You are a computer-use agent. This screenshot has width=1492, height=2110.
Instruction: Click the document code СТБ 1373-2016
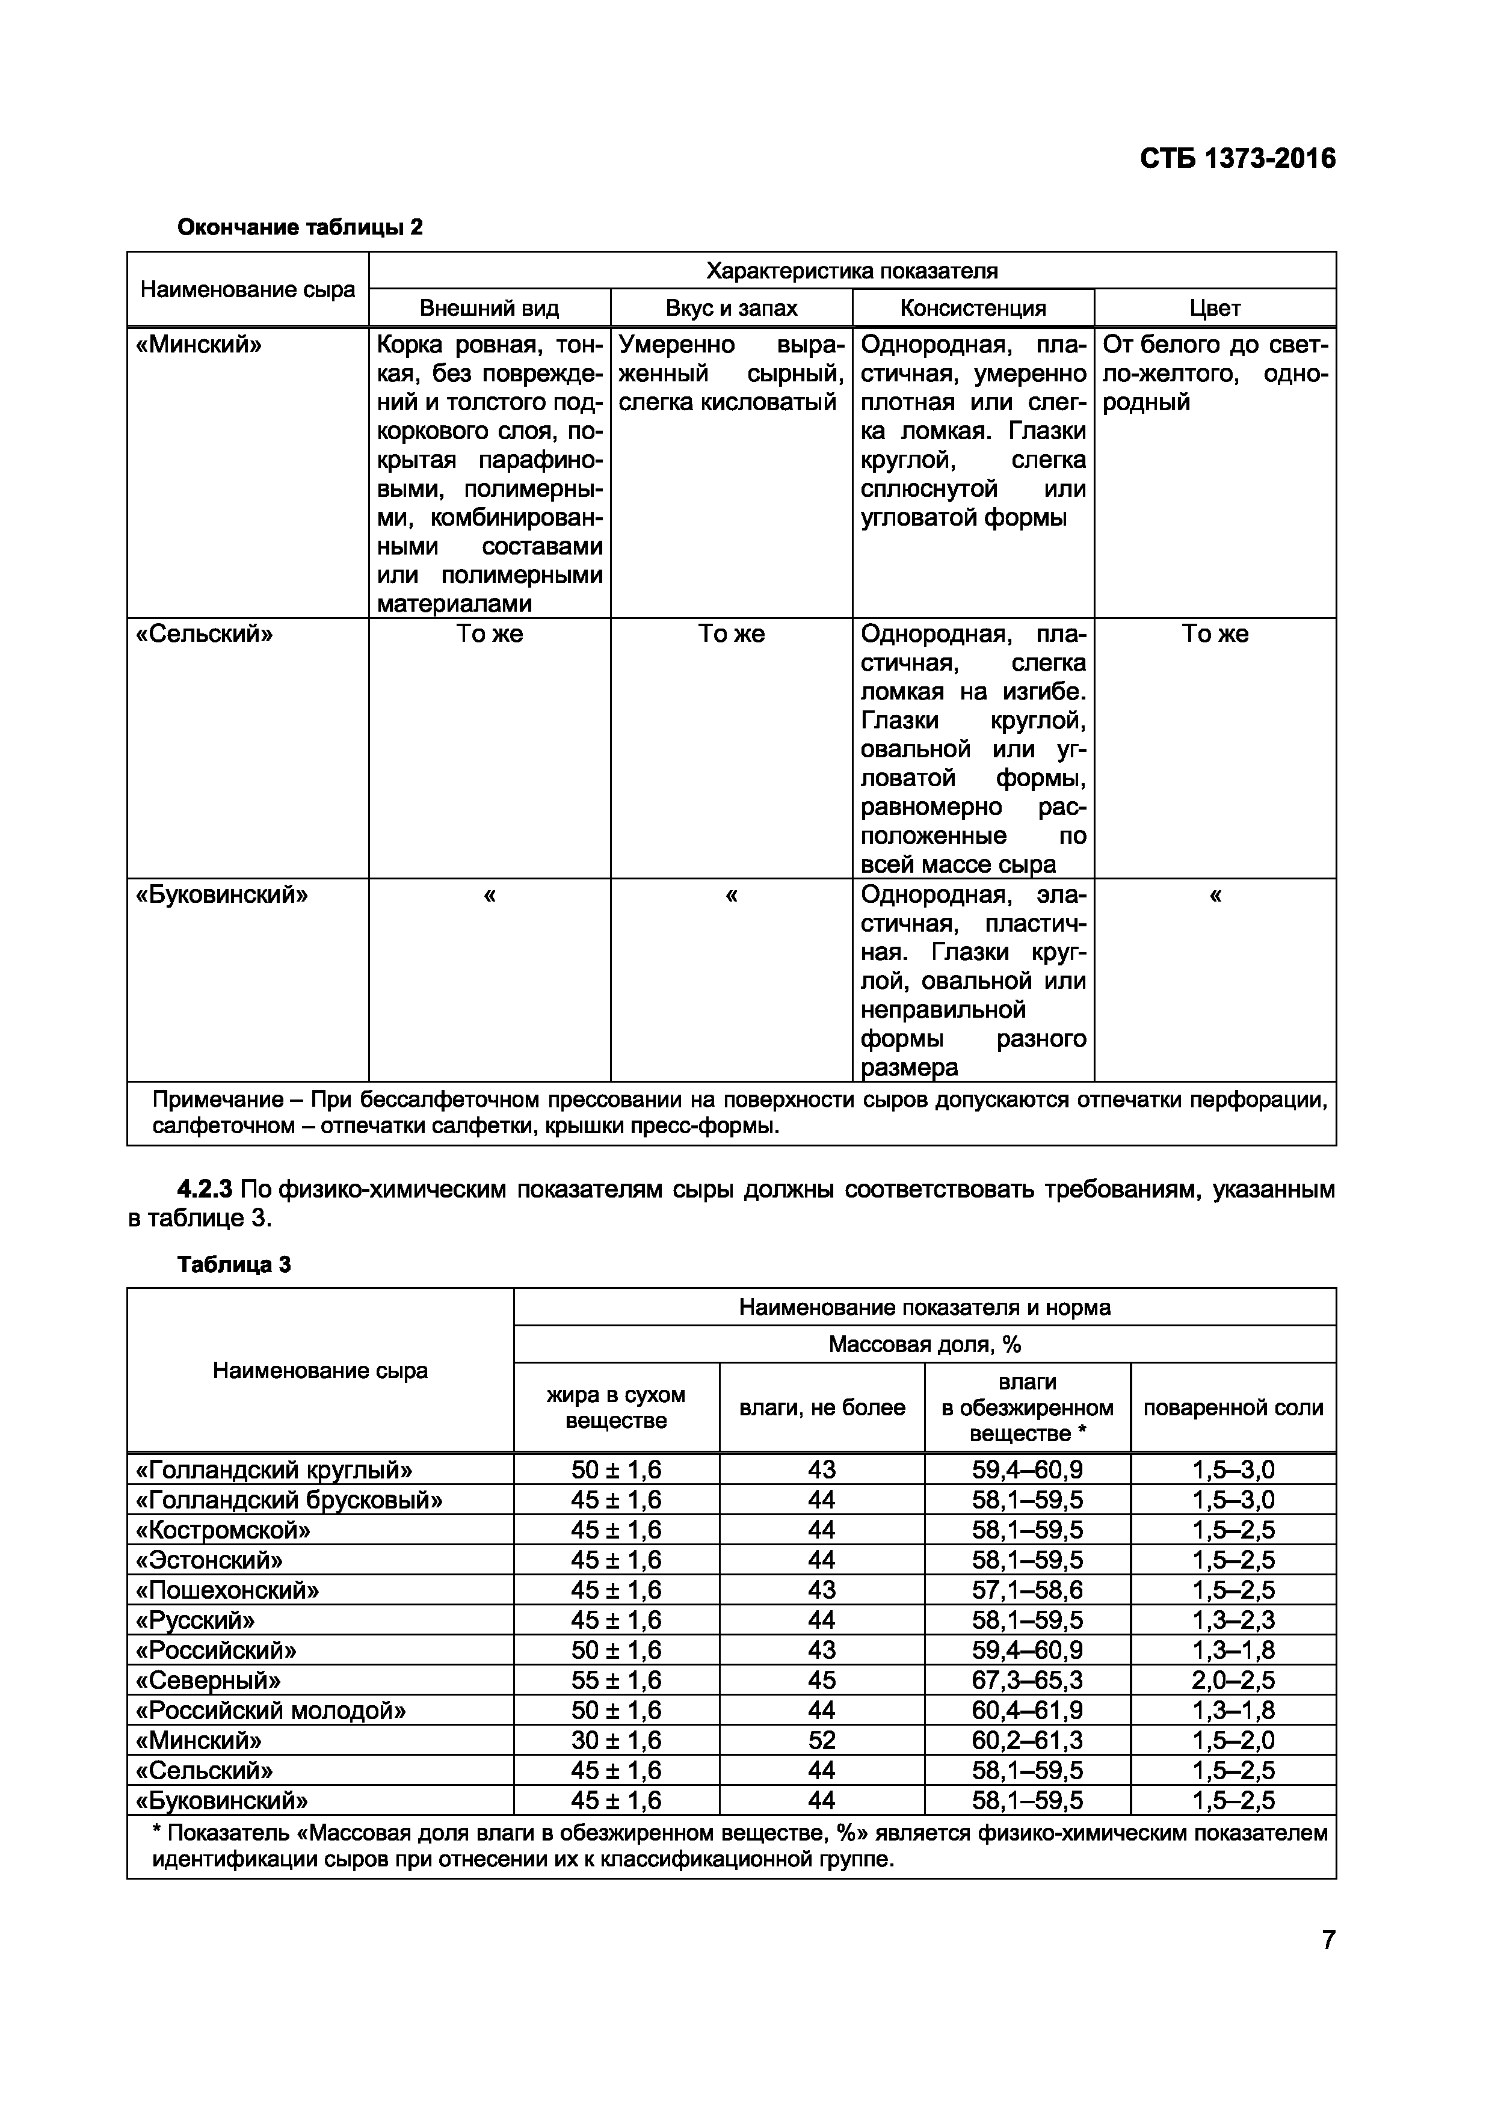[x=1238, y=159]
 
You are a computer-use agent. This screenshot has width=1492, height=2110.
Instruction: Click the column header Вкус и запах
[x=731, y=308]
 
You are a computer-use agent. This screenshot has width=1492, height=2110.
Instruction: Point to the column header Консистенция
[x=973, y=308]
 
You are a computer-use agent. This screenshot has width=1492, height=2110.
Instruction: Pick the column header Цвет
[x=1215, y=308]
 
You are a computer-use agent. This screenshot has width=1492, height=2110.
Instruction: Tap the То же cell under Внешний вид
[x=489, y=634]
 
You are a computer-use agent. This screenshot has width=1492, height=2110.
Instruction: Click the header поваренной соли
[x=1233, y=1408]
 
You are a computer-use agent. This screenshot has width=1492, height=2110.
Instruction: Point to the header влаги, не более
[x=822, y=1408]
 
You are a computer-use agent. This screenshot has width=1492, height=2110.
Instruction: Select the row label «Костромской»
[x=223, y=1530]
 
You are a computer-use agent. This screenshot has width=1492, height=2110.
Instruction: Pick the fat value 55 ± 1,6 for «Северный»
[x=616, y=1681]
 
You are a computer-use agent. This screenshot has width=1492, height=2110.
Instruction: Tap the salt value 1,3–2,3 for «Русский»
[x=1233, y=1620]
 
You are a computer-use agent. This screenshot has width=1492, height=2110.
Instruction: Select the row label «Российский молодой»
[x=271, y=1710]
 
